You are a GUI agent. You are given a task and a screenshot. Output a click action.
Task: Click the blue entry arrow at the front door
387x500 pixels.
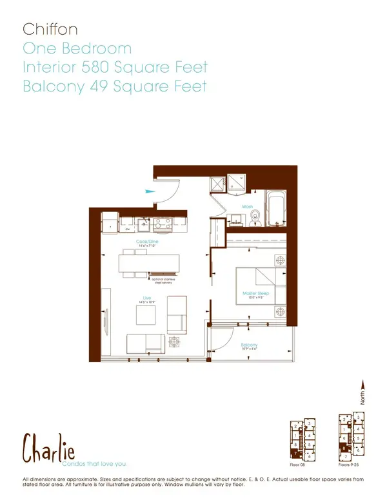[x=150, y=191]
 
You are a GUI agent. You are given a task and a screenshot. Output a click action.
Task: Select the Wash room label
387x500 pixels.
[x=247, y=207]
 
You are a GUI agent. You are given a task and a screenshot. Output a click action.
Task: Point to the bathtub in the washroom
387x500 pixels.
[x=277, y=209]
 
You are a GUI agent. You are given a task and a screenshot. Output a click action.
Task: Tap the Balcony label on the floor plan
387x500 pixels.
[x=250, y=345]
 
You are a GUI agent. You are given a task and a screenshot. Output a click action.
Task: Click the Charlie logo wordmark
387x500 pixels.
[x=48, y=448]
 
